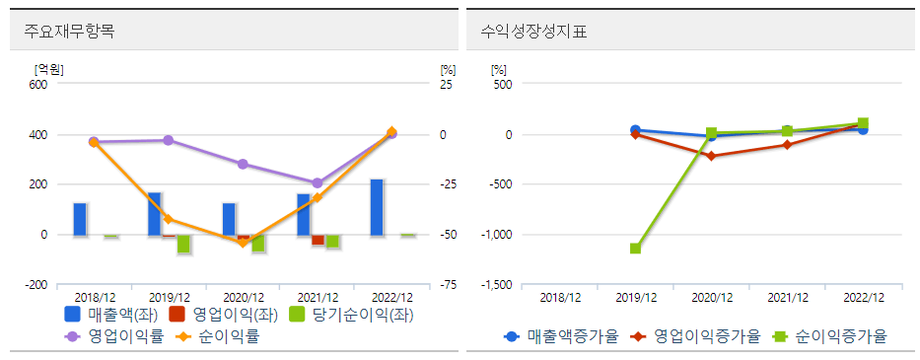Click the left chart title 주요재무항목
70,32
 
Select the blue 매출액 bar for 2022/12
377,207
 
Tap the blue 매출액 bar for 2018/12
80,219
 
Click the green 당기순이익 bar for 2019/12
183,245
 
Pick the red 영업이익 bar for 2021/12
318,240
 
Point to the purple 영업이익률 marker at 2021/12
318,183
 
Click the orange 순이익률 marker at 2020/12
243,242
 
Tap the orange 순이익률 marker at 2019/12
169,219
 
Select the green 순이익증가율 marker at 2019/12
636,249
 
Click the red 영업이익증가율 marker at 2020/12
711,156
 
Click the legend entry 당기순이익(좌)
350,316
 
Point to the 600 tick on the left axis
37,85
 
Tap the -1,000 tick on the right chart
496,235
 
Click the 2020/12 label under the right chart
711,297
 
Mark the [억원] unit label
48,68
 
